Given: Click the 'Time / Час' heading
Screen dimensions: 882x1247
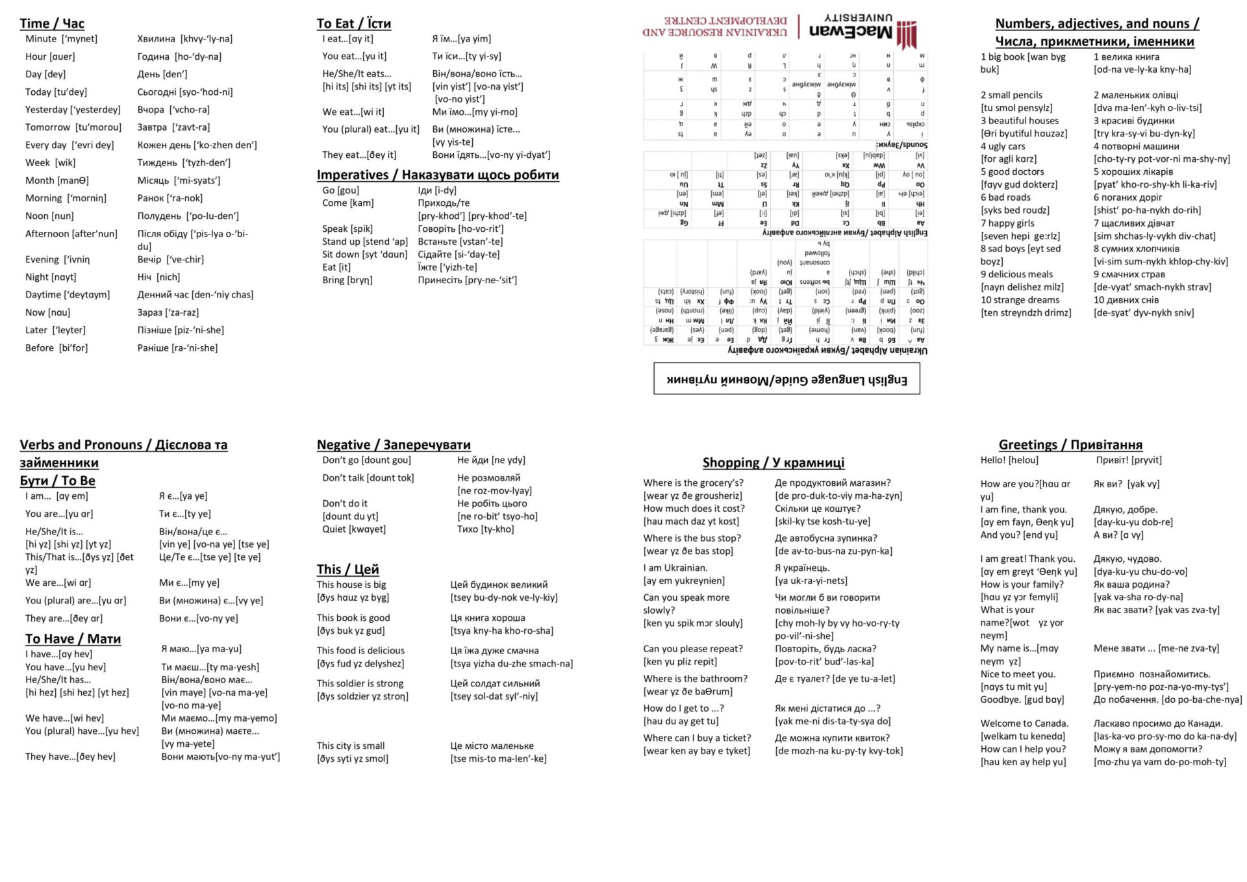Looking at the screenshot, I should click(52, 24).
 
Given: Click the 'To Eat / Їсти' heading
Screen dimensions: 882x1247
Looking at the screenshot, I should click(353, 24).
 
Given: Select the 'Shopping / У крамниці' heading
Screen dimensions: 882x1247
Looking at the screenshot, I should click(773, 462).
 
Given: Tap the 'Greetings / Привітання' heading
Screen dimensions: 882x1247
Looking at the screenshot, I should click(1070, 445).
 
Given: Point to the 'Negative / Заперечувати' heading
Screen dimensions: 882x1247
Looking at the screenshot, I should click(394, 445).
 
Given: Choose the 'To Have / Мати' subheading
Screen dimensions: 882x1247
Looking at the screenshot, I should click(73, 638).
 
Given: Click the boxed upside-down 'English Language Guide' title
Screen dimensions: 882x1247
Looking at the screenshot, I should click(787, 379).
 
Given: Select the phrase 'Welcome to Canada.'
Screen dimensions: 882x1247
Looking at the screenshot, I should click(1024, 724).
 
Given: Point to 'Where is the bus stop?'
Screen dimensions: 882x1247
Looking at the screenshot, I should click(692, 538).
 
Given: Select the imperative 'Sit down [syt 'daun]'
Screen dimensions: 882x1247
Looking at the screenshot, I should click(364, 255).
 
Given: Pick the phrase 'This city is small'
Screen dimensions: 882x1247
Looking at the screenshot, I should click(351, 746).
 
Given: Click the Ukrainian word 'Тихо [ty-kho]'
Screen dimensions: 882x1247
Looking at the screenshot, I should click(485, 529).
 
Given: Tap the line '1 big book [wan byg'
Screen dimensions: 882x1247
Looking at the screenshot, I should click(1023, 57).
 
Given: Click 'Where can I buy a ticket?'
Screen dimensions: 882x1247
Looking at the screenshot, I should click(697, 738).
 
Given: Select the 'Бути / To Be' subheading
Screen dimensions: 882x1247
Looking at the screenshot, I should click(58, 481).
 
